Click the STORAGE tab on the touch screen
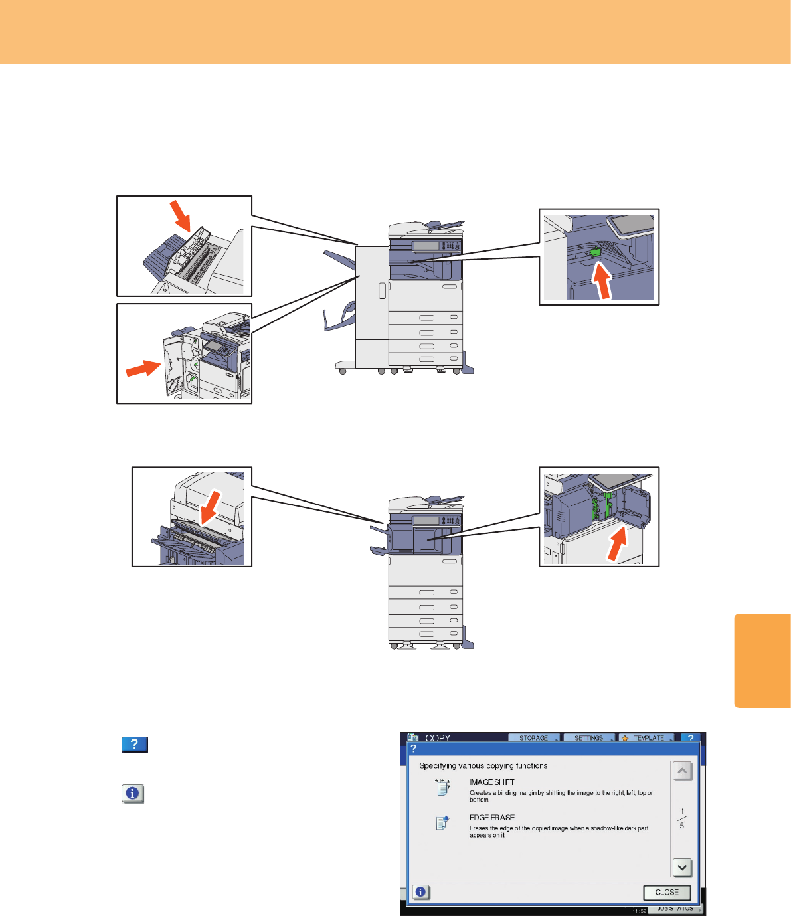[x=534, y=738]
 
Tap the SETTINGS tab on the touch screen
[x=588, y=738]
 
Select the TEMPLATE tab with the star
[x=646, y=738]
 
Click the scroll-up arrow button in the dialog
[x=682, y=771]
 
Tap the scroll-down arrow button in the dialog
[x=682, y=867]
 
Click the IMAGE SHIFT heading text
[x=492, y=782]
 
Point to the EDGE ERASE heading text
[x=492, y=818]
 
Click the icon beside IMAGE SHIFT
[x=442, y=787]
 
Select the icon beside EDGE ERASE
[x=442, y=824]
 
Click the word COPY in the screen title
[x=438, y=738]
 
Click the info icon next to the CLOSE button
[x=421, y=893]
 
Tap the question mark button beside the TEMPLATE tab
[x=691, y=738]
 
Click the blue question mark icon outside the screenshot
[x=134, y=744]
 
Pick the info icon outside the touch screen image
[x=133, y=793]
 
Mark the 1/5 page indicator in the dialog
[x=682, y=818]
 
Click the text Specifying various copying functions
[x=483, y=766]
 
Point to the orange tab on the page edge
[x=762, y=661]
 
